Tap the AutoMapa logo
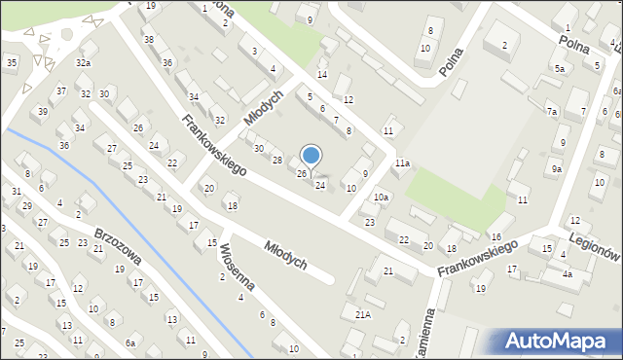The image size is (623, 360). pyautogui.click(x=552, y=342)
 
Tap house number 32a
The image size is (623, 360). pyautogui.click(x=84, y=62)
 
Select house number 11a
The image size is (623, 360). pyautogui.click(x=402, y=163)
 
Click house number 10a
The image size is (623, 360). pyautogui.click(x=382, y=198)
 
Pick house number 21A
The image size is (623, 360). pyautogui.click(x=362, y=314)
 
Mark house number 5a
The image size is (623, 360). pyautogui.click(x=559, y=69)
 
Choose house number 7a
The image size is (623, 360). pyautogui.click(x=552, y=112)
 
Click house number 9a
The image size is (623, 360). pyautogui.click(x=556, y=169)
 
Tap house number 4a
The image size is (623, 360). pyautogui.click(x=567, y=274)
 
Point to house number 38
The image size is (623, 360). pyautogui.click(x=148, y=40)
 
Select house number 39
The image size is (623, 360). pyautogui.click(x=43, y=111)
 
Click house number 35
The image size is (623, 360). pyautogui.click(x=11, y=63)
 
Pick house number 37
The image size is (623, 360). pyautogui.click(x=61, y=91)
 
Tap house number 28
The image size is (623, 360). pyautogui.click(x=276, y=160)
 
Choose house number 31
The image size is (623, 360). pyautogui.click(x=17, y=191)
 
